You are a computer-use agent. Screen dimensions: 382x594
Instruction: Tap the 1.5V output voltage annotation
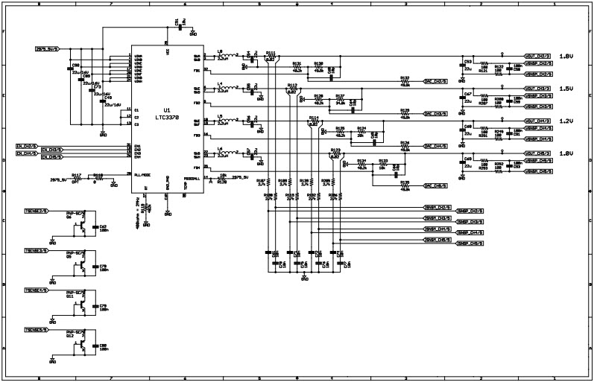[x=566, y=88]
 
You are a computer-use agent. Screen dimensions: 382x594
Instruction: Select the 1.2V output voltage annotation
[x=566, y=120]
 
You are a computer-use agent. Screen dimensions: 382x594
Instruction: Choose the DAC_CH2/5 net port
[x=435, y=81]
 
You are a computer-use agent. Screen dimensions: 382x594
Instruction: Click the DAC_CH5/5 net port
[x=435, y=185]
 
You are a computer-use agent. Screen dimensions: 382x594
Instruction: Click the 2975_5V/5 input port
[x=46, y=48]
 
